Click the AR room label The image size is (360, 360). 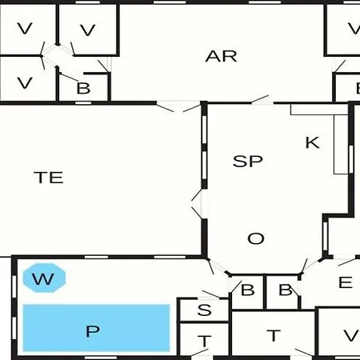point(221,57)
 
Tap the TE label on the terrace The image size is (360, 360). point(49,178)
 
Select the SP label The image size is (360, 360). point(248,162)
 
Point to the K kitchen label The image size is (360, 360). point(312,142)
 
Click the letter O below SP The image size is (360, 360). point(256,238)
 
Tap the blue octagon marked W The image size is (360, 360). point(44,278)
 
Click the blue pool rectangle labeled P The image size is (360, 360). point(96,328)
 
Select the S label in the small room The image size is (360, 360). point(205,310)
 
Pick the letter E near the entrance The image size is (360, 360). point(346,282)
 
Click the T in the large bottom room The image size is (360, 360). point(274,335)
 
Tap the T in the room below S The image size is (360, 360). point(205,341)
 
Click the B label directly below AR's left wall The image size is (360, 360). point(83,88)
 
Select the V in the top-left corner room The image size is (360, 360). point(25,28)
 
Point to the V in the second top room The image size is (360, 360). point(88,30)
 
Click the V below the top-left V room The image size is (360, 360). point(25,83)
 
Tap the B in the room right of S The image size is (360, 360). point(248,290)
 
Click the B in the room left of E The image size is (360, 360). point(286,290)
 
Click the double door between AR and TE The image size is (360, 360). point(178,106)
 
